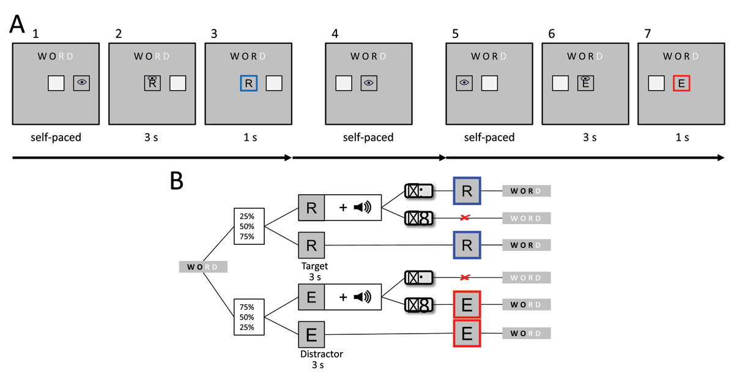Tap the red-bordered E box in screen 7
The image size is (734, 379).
(x=681, y=83)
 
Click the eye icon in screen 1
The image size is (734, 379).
(x=82, y=83)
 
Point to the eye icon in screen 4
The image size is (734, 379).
(x=369, y=83)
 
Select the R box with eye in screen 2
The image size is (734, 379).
(x=153, y=83)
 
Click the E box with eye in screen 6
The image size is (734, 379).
(x=585, y=83)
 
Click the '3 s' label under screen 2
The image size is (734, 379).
(x=152, y=137)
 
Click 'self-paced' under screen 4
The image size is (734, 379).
(x=368, y=137)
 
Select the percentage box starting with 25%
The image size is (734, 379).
(x=249, y=227)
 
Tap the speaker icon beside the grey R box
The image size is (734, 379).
(x=362, y=208)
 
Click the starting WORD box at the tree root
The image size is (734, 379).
(x=202, y=267)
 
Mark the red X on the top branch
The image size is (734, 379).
(x=467, y=218)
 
